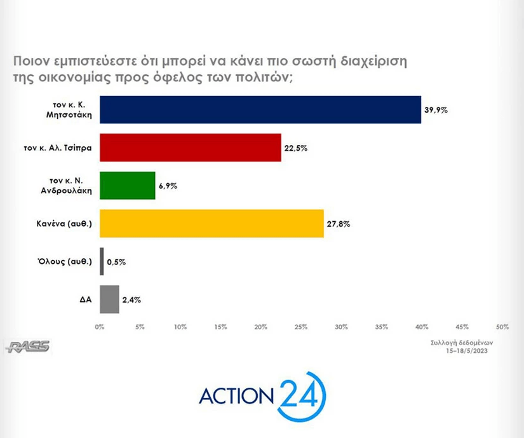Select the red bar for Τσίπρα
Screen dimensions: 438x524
tap(191, 147)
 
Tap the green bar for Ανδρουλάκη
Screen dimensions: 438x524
tap(127, 186)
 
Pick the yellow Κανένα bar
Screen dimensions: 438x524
tap(212, 223)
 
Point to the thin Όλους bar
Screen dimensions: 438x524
tap(102, 261)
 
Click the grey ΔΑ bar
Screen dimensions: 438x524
tap(109, 299)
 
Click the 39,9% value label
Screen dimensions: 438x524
tap(436, 110)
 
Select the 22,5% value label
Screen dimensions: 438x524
tap(295, 148)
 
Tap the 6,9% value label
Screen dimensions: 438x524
tap(168, 186)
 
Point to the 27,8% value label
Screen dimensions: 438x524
tap(338, 224)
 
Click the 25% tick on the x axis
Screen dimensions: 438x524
tap(301, 327)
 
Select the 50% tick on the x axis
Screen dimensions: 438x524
tap(502, 327)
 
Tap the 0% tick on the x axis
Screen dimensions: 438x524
tap(99, 327)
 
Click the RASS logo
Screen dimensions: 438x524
tap(27, 346)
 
